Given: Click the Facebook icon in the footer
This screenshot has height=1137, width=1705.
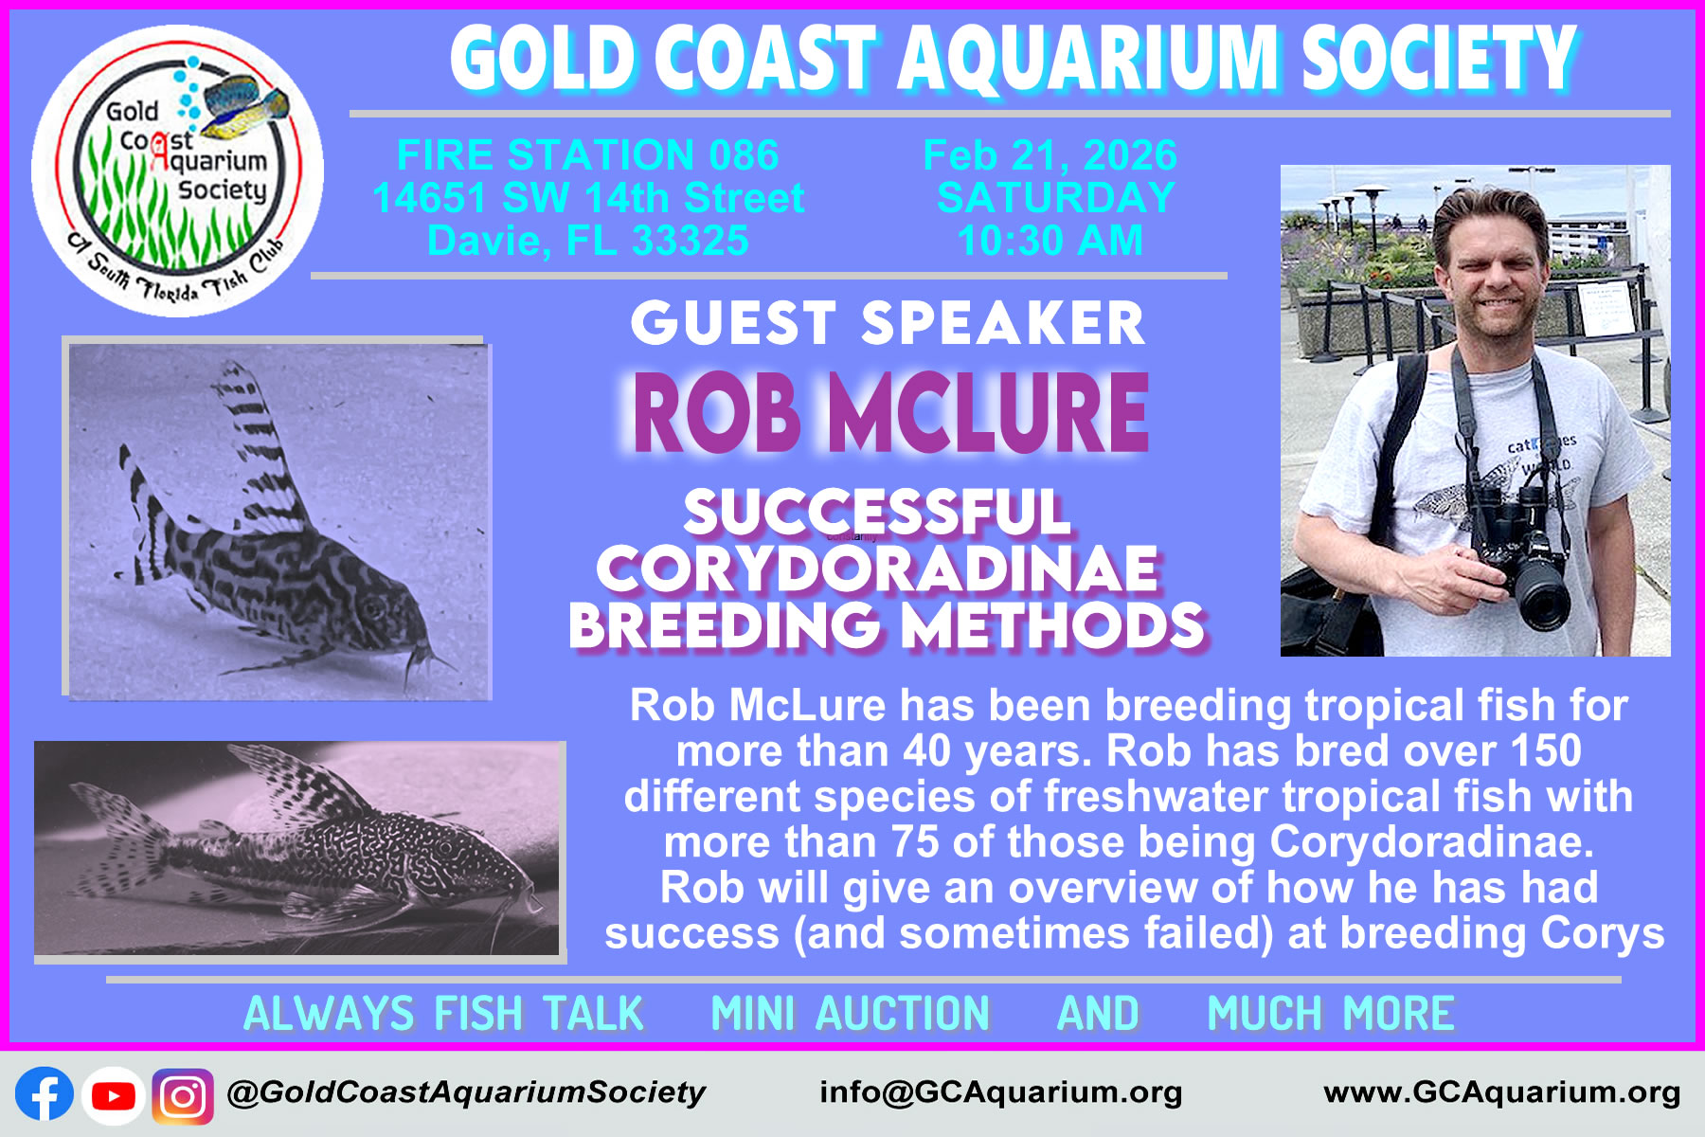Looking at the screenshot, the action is (x=45, y=1095).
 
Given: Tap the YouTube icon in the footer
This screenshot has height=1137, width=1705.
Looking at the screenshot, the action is (x=114, y=1095).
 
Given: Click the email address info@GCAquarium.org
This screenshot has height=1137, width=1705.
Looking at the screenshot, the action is (x=1001, y=1092).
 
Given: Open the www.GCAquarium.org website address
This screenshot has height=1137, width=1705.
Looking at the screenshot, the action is (x=1502, y=1092).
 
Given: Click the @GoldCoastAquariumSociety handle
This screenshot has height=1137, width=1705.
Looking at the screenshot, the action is (x=466, y=1092).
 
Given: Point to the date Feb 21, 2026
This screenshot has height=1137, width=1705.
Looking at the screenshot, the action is (x=1050, y=154).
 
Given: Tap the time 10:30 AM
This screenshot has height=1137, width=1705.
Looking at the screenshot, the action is (x=1050, y=241).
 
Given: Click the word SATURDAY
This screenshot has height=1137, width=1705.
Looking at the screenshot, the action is (x=1055, y=197).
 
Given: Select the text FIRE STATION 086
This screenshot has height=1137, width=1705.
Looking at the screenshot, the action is (x=587, y=154).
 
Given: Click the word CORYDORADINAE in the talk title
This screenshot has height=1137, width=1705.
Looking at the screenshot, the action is (x=877, y=568).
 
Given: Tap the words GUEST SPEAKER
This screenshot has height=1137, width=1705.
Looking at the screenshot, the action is (x=888, y=324).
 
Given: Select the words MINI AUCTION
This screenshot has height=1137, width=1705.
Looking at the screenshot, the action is (x=851, y=1013).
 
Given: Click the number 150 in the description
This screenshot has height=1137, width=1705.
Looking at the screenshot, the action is (x=1546, y=750).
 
